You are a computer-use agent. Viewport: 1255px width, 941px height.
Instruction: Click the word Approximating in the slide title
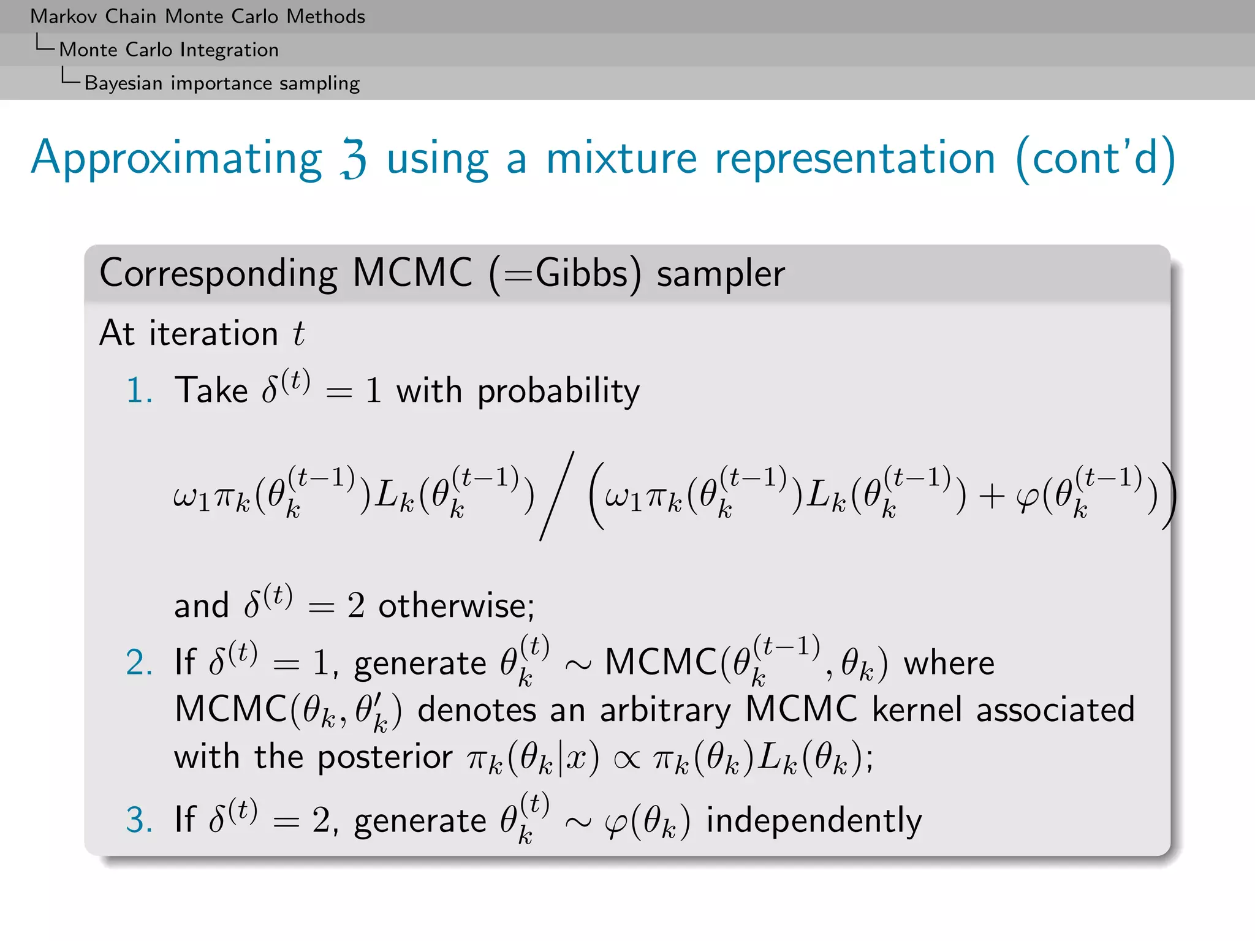point(176,159)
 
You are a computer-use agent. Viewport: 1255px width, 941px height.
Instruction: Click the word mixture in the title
point(621,159)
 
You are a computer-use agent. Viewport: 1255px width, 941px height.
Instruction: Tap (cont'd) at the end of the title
point(1096,159)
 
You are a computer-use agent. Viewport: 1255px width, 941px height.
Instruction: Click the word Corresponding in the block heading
point(218,273)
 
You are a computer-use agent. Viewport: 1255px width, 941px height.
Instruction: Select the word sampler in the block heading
point(721,274)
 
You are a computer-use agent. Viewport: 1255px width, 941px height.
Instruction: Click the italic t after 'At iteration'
point(298,334)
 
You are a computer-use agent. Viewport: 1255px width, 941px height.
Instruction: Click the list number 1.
point(139,390)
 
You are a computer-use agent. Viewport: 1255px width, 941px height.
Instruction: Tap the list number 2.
point(139,663)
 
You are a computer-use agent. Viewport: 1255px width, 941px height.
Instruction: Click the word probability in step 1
point(558,391)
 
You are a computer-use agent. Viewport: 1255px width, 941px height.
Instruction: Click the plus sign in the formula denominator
point(991,496)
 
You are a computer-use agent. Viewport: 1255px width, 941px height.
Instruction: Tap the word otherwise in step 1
point(456,606)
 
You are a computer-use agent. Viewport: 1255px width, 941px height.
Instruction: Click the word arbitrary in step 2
point(665,710)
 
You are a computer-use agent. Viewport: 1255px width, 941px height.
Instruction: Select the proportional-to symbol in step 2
point(626,759)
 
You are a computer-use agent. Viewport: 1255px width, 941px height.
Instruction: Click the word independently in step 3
point(814,821)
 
